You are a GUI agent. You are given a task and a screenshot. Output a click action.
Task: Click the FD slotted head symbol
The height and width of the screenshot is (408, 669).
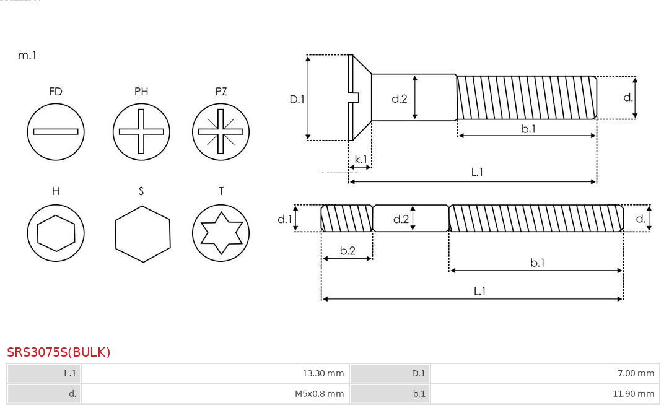pyautogui.click(x=56, y=131)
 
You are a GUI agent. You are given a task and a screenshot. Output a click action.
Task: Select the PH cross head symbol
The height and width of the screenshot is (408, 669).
pyautogui.click(x=141, y=131)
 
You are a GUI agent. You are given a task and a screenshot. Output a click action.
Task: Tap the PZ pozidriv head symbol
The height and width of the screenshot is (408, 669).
pyautogui.click(x=221, y=131)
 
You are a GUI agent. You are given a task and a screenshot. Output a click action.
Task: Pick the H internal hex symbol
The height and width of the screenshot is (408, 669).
pyautogui.click(x=56, y=233)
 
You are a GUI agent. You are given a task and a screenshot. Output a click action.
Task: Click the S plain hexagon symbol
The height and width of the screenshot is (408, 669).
pyautogui.click(x=142, y=233)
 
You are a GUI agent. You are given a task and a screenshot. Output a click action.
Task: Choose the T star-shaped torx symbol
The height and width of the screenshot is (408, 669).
pyautogui.click(x=221, y=233)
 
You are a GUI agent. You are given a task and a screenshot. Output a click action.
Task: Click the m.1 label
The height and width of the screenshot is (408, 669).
pyautogui.click(x=27, y=55)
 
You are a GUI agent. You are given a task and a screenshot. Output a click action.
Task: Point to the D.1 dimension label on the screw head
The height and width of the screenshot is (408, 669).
pyautogui.click(x=297, y=98)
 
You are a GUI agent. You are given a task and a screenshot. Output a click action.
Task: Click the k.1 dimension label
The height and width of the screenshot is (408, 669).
pyautogui.click(x=361, y=159)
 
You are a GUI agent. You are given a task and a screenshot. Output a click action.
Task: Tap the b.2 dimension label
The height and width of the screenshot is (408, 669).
pyautogui.click(x=348, y=251)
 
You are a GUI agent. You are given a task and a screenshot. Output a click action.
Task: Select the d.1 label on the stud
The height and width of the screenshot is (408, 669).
pyautogui.click(x=284, y=219)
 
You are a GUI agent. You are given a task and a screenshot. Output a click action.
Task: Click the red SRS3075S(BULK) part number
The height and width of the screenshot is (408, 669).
pyautogui.click(x=59, y=352)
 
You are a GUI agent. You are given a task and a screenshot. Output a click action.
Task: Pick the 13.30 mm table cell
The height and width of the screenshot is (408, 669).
pyautogui.click(x=215, y=373)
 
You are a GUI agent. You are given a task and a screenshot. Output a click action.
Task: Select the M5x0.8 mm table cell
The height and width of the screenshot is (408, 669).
pyautogui.click(x=215, y=394)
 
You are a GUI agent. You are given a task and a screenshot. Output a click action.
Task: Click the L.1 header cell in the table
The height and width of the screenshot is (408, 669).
pyautogui.click(x=44, y=373)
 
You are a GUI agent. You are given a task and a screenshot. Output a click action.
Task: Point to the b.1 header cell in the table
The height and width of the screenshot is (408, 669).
pyautogui.click(x=390, y=394)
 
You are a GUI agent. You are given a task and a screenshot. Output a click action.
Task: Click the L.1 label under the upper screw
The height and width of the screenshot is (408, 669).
pyautogui.click(x=477, y=172)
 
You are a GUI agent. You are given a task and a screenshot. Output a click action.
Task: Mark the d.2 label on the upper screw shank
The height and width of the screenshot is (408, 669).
pyautogui.click(x=400, y=98)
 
